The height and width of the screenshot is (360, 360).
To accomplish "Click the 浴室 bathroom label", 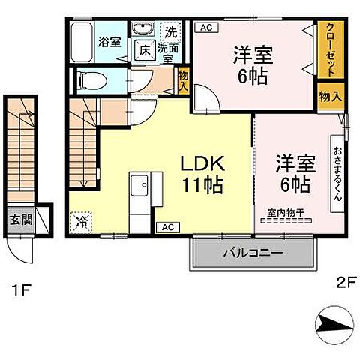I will pos(109,42).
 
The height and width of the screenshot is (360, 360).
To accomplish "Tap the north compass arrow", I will pos(334,324).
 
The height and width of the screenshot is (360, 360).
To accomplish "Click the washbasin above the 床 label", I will pos(142,30).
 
